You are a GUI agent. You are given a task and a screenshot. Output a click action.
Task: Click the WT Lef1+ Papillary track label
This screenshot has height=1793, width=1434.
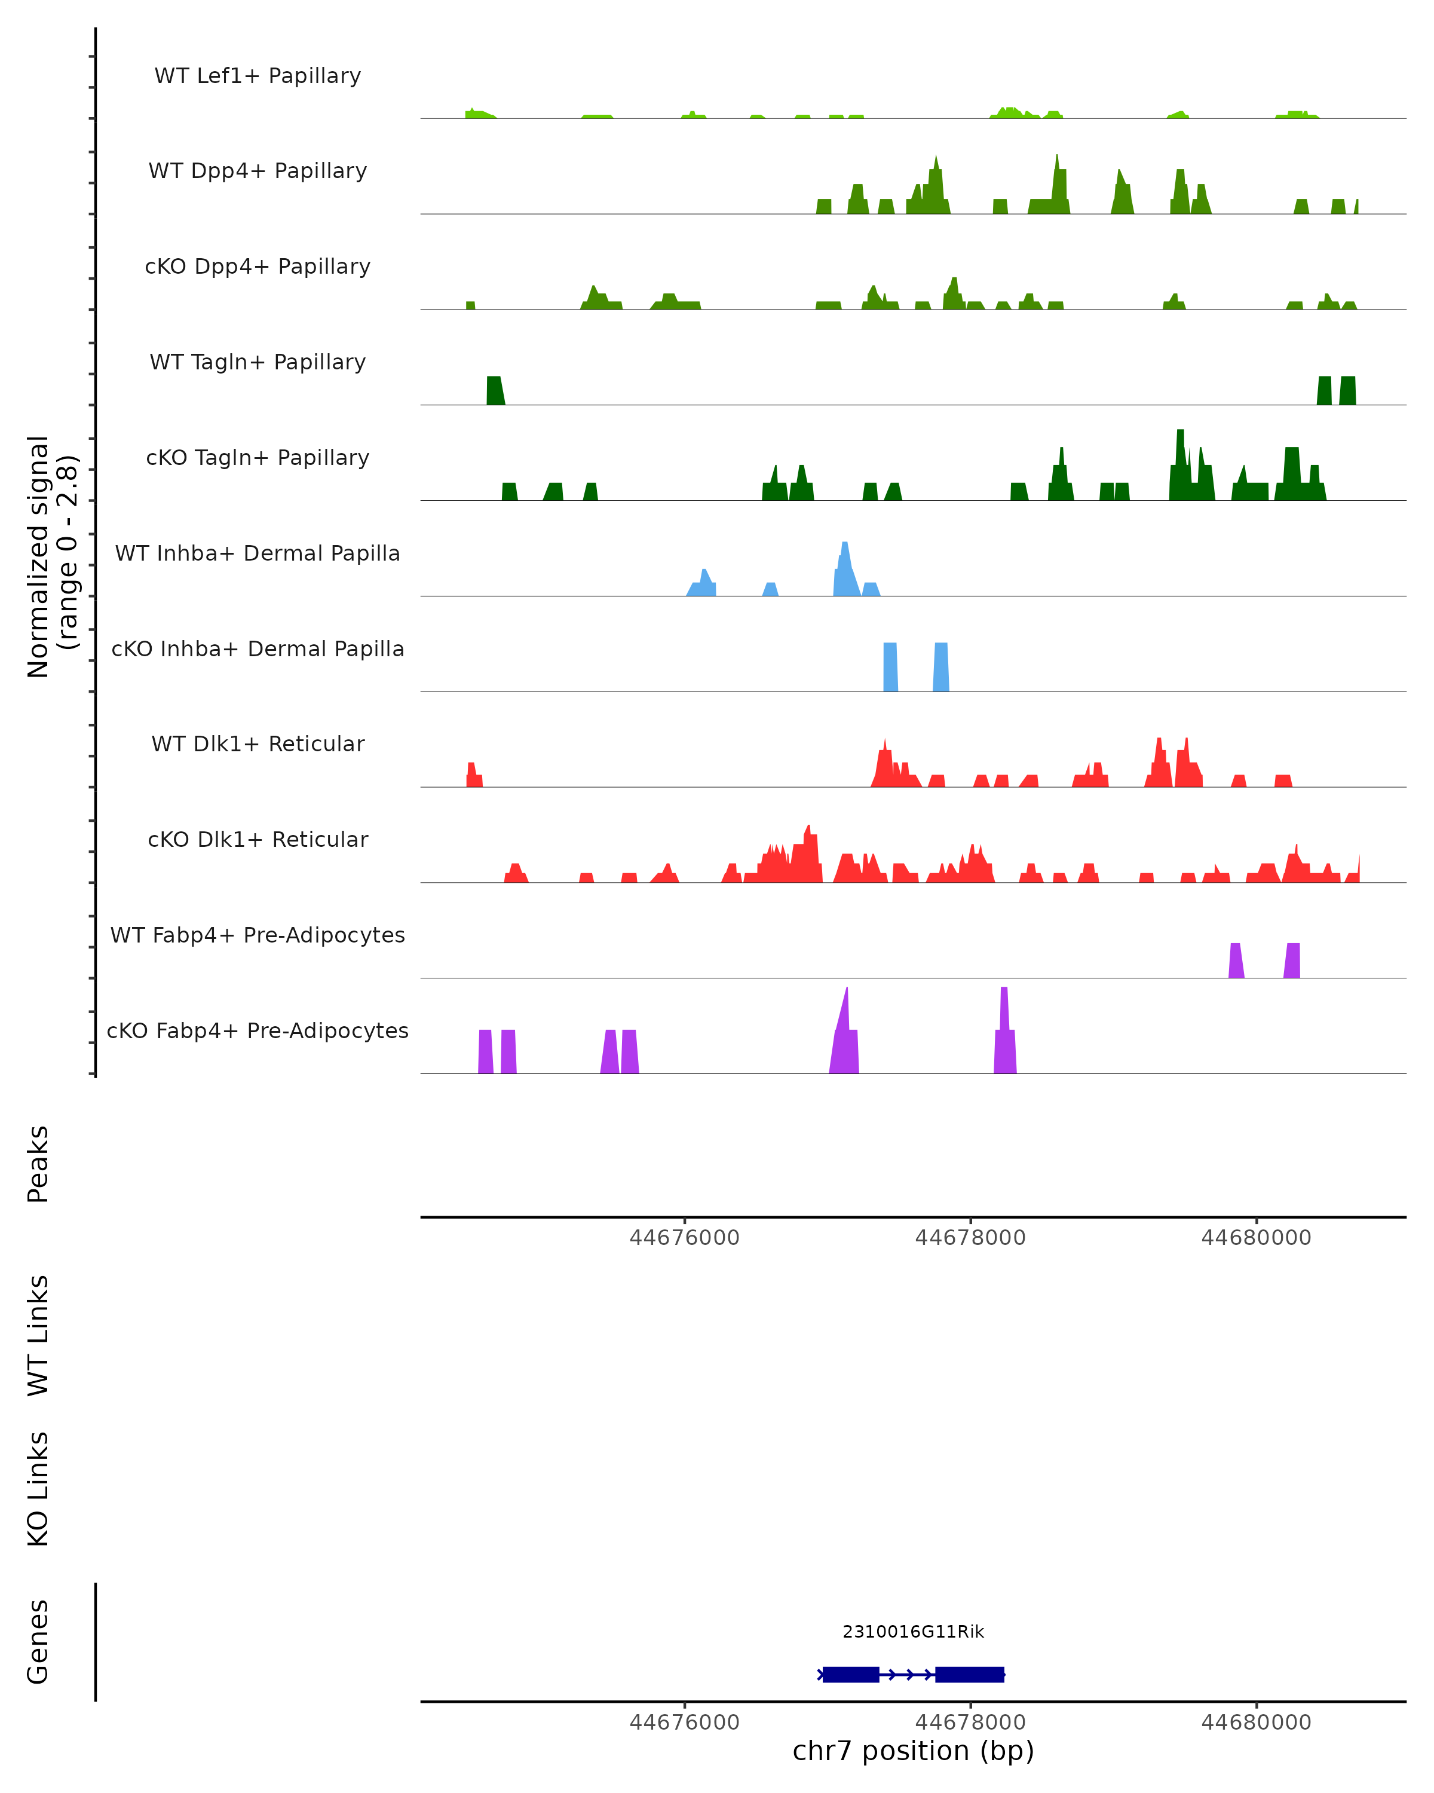coord(258,76)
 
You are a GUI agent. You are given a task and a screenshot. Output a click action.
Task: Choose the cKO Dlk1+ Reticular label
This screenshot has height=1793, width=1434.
coord(258,839)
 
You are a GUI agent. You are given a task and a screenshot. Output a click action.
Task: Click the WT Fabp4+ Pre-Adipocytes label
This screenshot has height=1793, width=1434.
coord(258,935)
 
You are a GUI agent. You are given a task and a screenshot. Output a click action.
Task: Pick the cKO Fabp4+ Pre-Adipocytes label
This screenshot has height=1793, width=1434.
coord(258,1030)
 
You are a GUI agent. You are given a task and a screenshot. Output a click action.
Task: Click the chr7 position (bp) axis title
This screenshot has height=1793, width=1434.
coord(913,1751)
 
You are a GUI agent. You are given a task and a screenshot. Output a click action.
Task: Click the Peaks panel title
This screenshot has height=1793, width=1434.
coord(38,1164)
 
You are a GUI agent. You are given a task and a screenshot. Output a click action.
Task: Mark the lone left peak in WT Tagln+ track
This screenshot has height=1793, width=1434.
coord(495,391)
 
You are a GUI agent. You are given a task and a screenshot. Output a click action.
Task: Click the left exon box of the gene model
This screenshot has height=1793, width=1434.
coord(850,1674)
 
